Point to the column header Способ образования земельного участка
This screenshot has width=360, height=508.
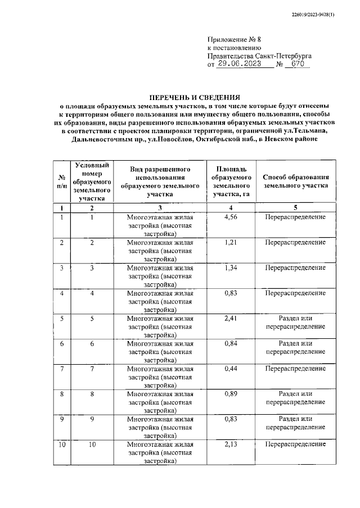coord(296,181)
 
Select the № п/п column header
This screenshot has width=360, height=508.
coord(61,181)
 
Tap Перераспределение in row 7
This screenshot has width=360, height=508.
coord(296,369)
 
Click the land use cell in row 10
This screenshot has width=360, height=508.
coord(160,452)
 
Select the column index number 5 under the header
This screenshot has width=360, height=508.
coord(296,208)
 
